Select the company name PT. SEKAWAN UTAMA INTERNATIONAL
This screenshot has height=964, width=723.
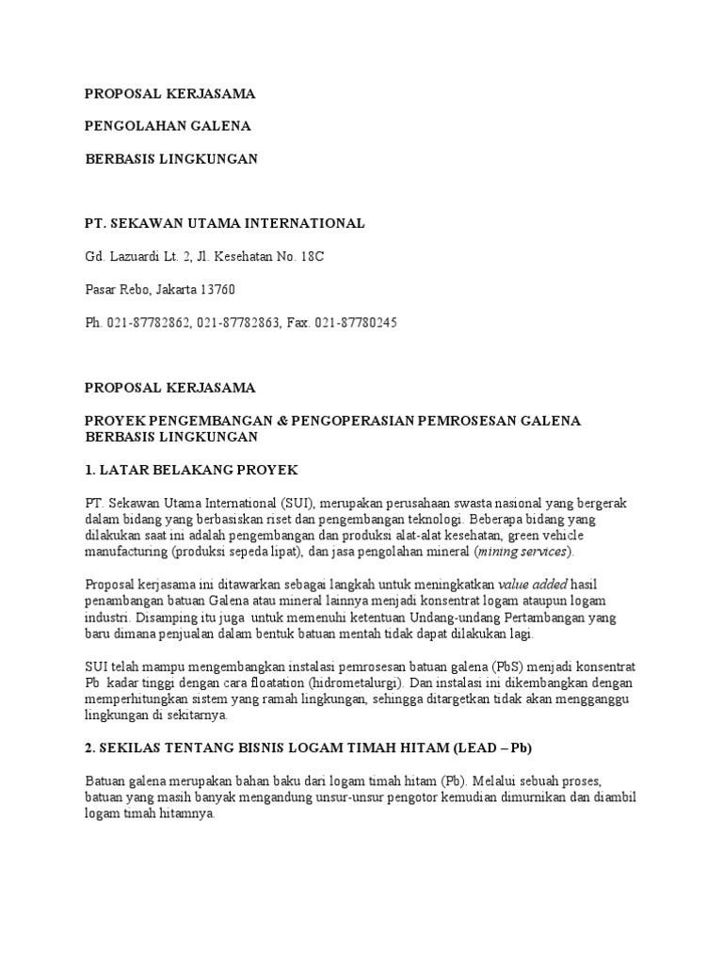pos(224,224)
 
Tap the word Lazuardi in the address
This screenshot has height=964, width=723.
pos(138,257)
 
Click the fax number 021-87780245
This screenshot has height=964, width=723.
pos(357,323)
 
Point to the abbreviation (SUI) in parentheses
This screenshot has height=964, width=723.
pos(286,504)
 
